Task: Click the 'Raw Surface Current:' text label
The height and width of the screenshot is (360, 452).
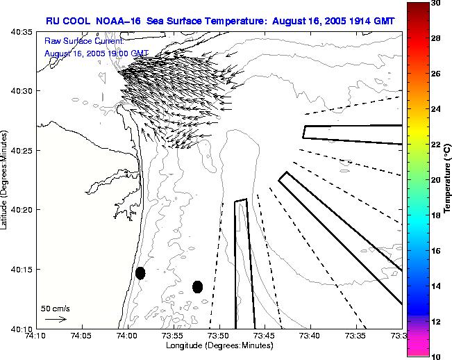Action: [78, 42]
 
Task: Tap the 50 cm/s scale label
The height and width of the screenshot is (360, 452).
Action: [56, 308]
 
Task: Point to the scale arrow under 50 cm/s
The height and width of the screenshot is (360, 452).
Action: [56, 319]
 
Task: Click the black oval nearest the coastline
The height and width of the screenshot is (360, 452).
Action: [140, 273]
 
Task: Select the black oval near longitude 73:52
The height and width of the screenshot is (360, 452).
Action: [197, 286]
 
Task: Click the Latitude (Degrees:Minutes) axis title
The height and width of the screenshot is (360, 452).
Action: [6, 180]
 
